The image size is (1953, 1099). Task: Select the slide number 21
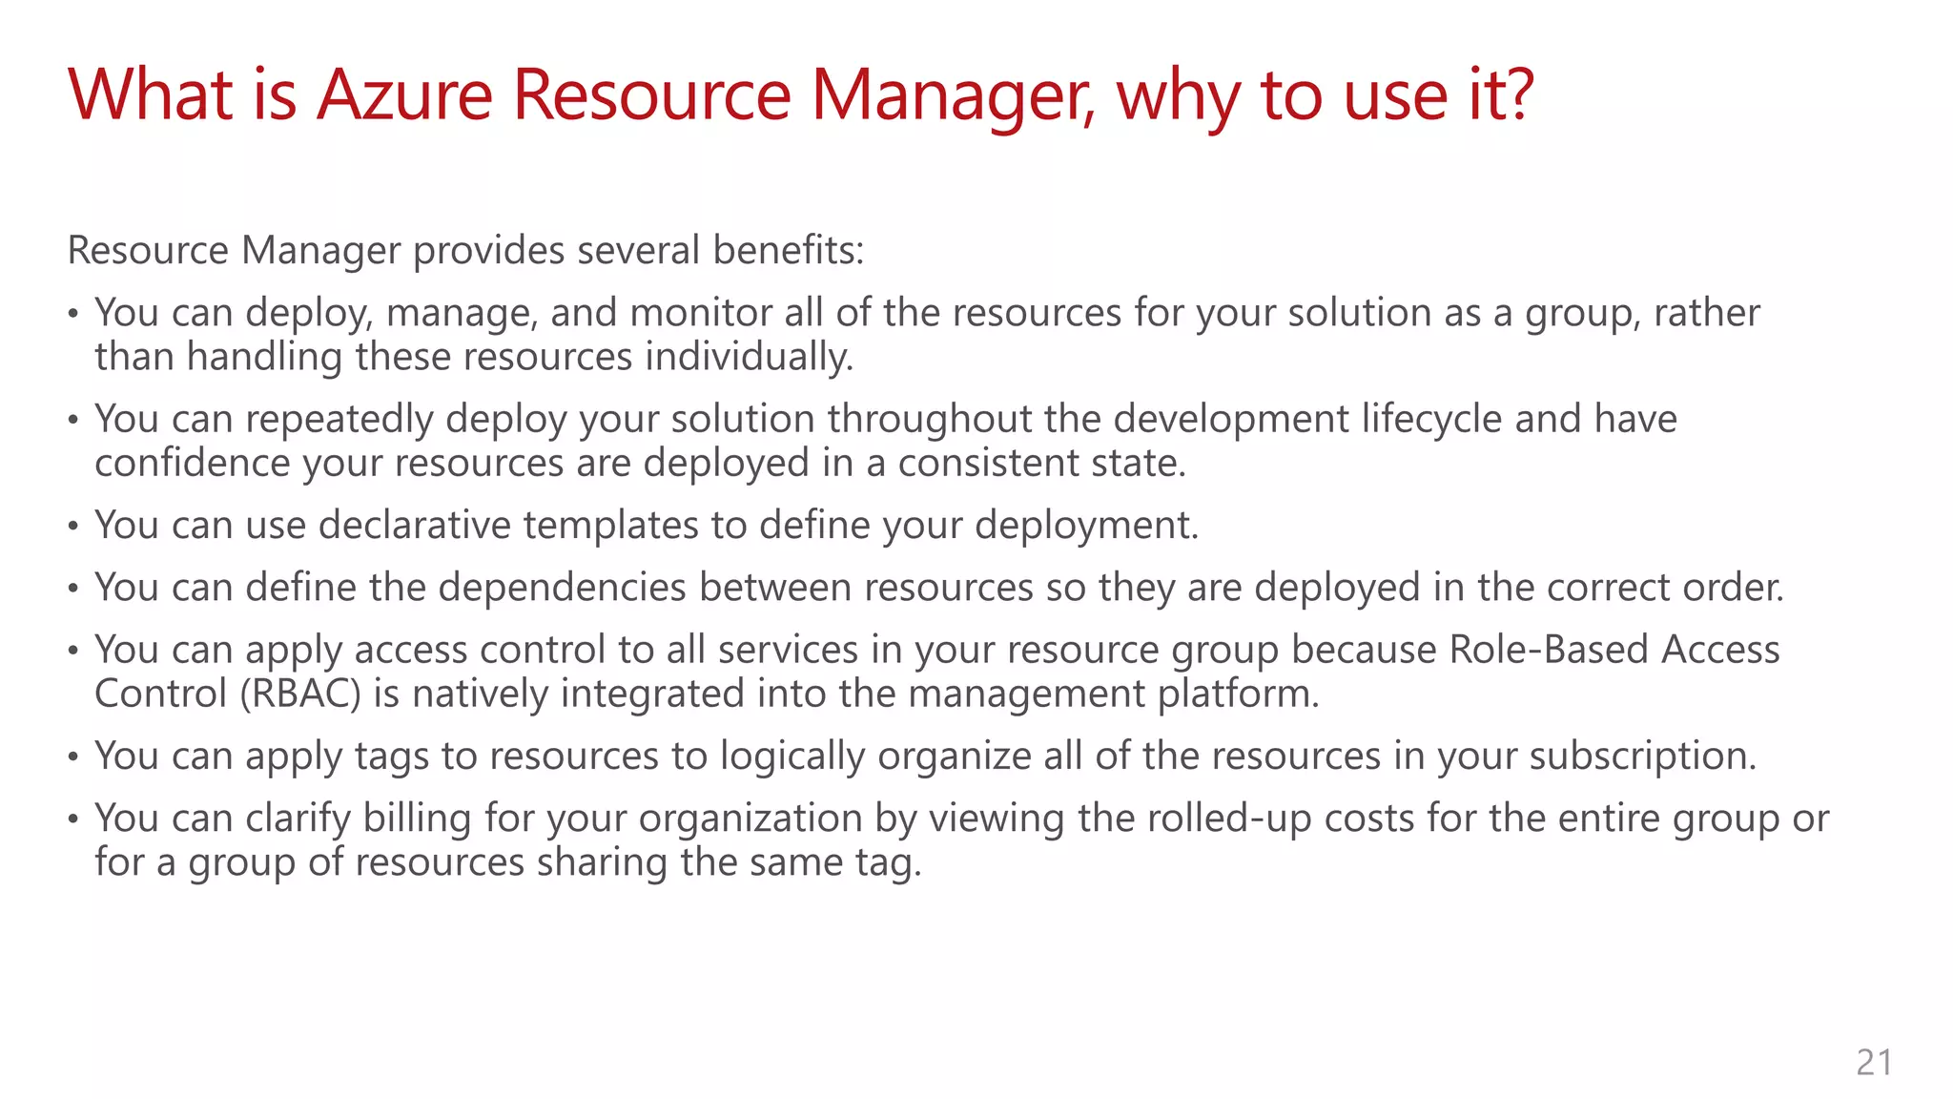1874,1062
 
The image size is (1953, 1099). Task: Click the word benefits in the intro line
788,250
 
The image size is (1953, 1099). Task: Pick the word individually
749,357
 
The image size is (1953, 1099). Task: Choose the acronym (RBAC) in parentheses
300,694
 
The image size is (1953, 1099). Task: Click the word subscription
1642,756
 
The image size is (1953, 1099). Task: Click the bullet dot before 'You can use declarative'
73,527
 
